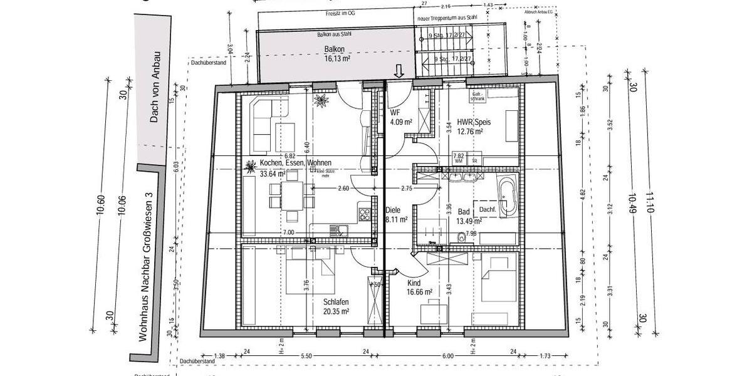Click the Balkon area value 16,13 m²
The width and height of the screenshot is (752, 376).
[x=337, y=59]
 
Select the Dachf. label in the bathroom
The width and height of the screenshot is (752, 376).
[x=488, y=210]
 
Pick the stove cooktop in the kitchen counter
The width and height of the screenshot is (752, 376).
[x=363, y=216]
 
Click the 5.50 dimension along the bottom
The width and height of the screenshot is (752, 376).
[x=306, y=356]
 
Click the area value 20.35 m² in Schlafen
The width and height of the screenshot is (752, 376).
[x=335, y=310]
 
